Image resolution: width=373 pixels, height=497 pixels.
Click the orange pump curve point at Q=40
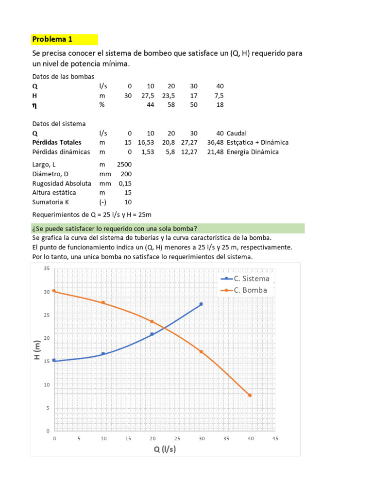(x=250, y=395)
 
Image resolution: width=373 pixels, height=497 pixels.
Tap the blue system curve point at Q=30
(x=201, y=304)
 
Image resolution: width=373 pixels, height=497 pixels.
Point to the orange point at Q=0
(x=54, y=291)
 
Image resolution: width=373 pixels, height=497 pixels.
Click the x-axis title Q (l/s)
(x=165, y=448)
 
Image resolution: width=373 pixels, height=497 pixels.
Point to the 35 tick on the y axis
(x=47, y=268)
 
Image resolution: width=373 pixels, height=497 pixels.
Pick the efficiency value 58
(x=171, y=105)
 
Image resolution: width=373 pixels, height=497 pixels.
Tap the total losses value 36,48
(x=215, y=142)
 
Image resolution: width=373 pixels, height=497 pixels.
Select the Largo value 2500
(x=124, y=165)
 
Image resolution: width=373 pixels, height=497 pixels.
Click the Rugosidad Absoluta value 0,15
(x=125, y=183)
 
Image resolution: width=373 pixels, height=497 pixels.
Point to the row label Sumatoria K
(x=52, y=202)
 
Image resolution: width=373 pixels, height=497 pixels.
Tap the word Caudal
(x=237, y=133)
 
